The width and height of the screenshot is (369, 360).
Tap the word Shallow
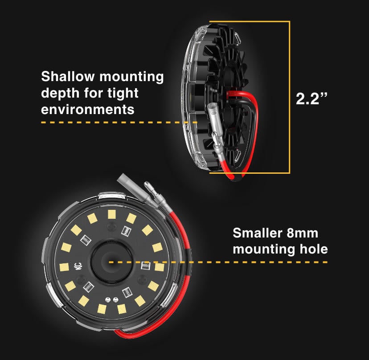[x=68, y=77]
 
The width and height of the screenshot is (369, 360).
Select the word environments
[x=87, y=110]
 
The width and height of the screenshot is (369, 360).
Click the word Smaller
[x=257, y=233]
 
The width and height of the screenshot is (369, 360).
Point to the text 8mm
[x=303, y=233]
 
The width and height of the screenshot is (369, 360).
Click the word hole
[x=314, y=249]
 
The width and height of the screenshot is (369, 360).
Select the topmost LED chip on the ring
[x=112, y=214]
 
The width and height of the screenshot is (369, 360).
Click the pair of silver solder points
[x=111, y=299]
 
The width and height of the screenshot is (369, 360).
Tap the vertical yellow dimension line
[x=289, y=97]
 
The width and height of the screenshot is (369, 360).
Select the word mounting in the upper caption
[x=131, y=77]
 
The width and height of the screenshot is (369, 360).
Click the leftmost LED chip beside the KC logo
[x=64, y=267]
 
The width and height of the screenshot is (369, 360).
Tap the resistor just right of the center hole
[x=145, y=266]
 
